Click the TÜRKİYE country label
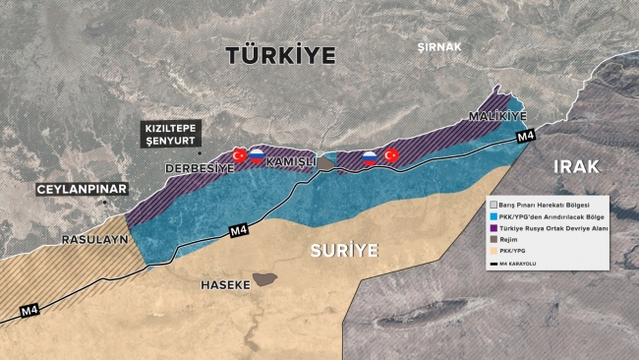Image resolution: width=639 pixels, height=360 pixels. pyautogui.click(x=280, y=54)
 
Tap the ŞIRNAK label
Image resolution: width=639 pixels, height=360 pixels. pyautogui.click(x=438, y=46)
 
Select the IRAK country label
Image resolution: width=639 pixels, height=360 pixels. pyautogui.click(x=575, y=165)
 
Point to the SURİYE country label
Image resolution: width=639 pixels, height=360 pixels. pyautogui.click(x=344, y=250)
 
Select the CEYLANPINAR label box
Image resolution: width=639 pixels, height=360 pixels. pyautogui.click(x=78, y=188)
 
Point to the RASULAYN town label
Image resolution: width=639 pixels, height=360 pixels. pyautogui.click(x=94, y=239)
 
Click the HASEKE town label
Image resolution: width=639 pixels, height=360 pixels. pyautogui.click(x=225, y=283)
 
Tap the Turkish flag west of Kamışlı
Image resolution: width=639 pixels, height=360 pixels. pyautogui.click(x=239, y=154)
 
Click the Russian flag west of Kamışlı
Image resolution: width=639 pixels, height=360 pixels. pyautogui.click(x=257, y=154)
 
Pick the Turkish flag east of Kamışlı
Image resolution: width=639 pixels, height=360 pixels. pyautogui.click(x=390, y=155)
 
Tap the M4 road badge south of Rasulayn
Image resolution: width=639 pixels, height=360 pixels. pyautogui.click(x=32, y=312)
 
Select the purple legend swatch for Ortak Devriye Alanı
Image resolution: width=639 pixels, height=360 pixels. pyautogui.click(x=494, y=227)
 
